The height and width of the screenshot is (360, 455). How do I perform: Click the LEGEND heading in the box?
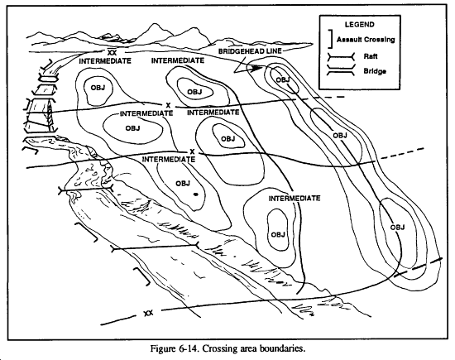click(x=360, y=24)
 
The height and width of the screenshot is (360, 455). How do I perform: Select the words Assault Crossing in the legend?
click(x=366, y=39)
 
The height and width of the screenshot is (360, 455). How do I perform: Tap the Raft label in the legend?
click(x=371, y=56)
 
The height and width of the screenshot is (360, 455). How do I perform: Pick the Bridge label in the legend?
click(x=375, y=71)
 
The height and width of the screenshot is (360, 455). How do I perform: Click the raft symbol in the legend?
click(x=341, y=57)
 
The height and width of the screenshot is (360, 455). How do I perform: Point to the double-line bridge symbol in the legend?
click(x=341, y=70)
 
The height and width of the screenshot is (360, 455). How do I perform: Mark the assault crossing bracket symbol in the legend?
click(x=330, y=39)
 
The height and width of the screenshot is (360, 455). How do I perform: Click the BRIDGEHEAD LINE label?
click(x=250, y=51)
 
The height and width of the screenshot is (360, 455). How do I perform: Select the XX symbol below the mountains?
click(x=112, y=52)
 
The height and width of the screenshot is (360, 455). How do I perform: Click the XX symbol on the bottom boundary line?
click(x=148, y=313)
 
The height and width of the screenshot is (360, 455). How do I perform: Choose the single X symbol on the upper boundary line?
click(x=168, y=105)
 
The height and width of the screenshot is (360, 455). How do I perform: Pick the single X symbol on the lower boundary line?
click(x=192, y=151)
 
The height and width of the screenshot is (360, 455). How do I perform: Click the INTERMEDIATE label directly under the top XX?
click(x=105, y=61)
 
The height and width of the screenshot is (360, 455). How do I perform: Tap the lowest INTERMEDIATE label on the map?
click(x=295, y=199)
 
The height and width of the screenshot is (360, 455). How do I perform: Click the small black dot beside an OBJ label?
click(x=196, y=194)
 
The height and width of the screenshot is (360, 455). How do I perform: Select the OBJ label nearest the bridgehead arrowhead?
click(x=283, y=79)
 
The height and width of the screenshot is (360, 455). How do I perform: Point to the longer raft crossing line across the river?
click(x=155, y=247)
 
